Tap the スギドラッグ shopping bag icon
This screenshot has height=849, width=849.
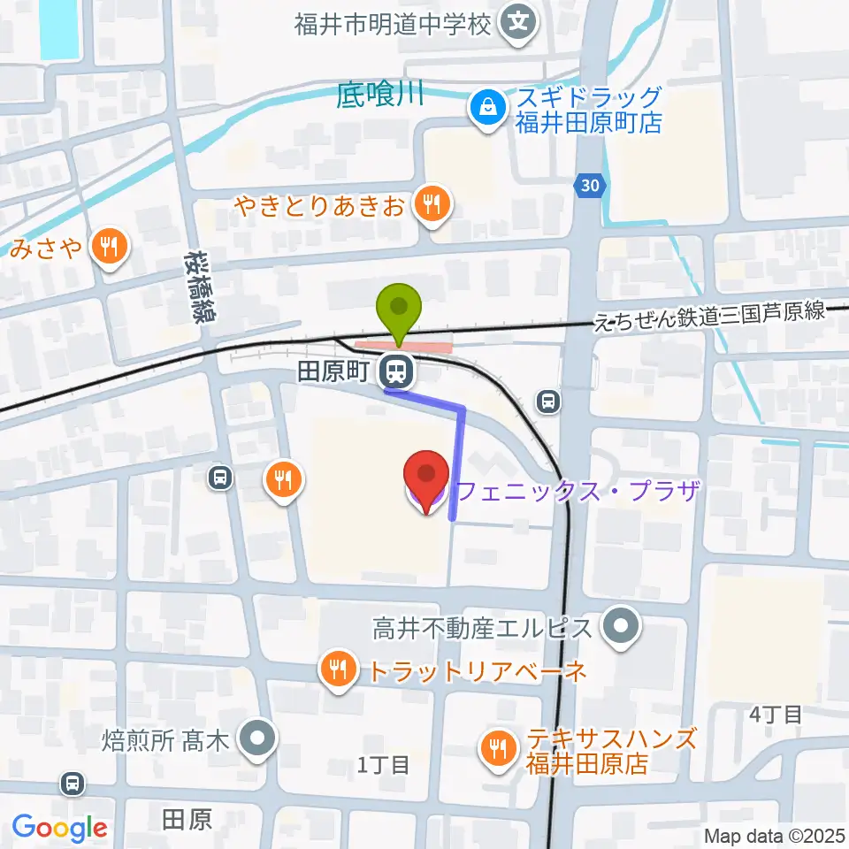486,110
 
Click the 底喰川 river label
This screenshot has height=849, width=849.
380,94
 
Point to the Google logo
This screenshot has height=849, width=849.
60,828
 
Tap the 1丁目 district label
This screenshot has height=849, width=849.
383,764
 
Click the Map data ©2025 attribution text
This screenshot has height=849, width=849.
774,835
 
